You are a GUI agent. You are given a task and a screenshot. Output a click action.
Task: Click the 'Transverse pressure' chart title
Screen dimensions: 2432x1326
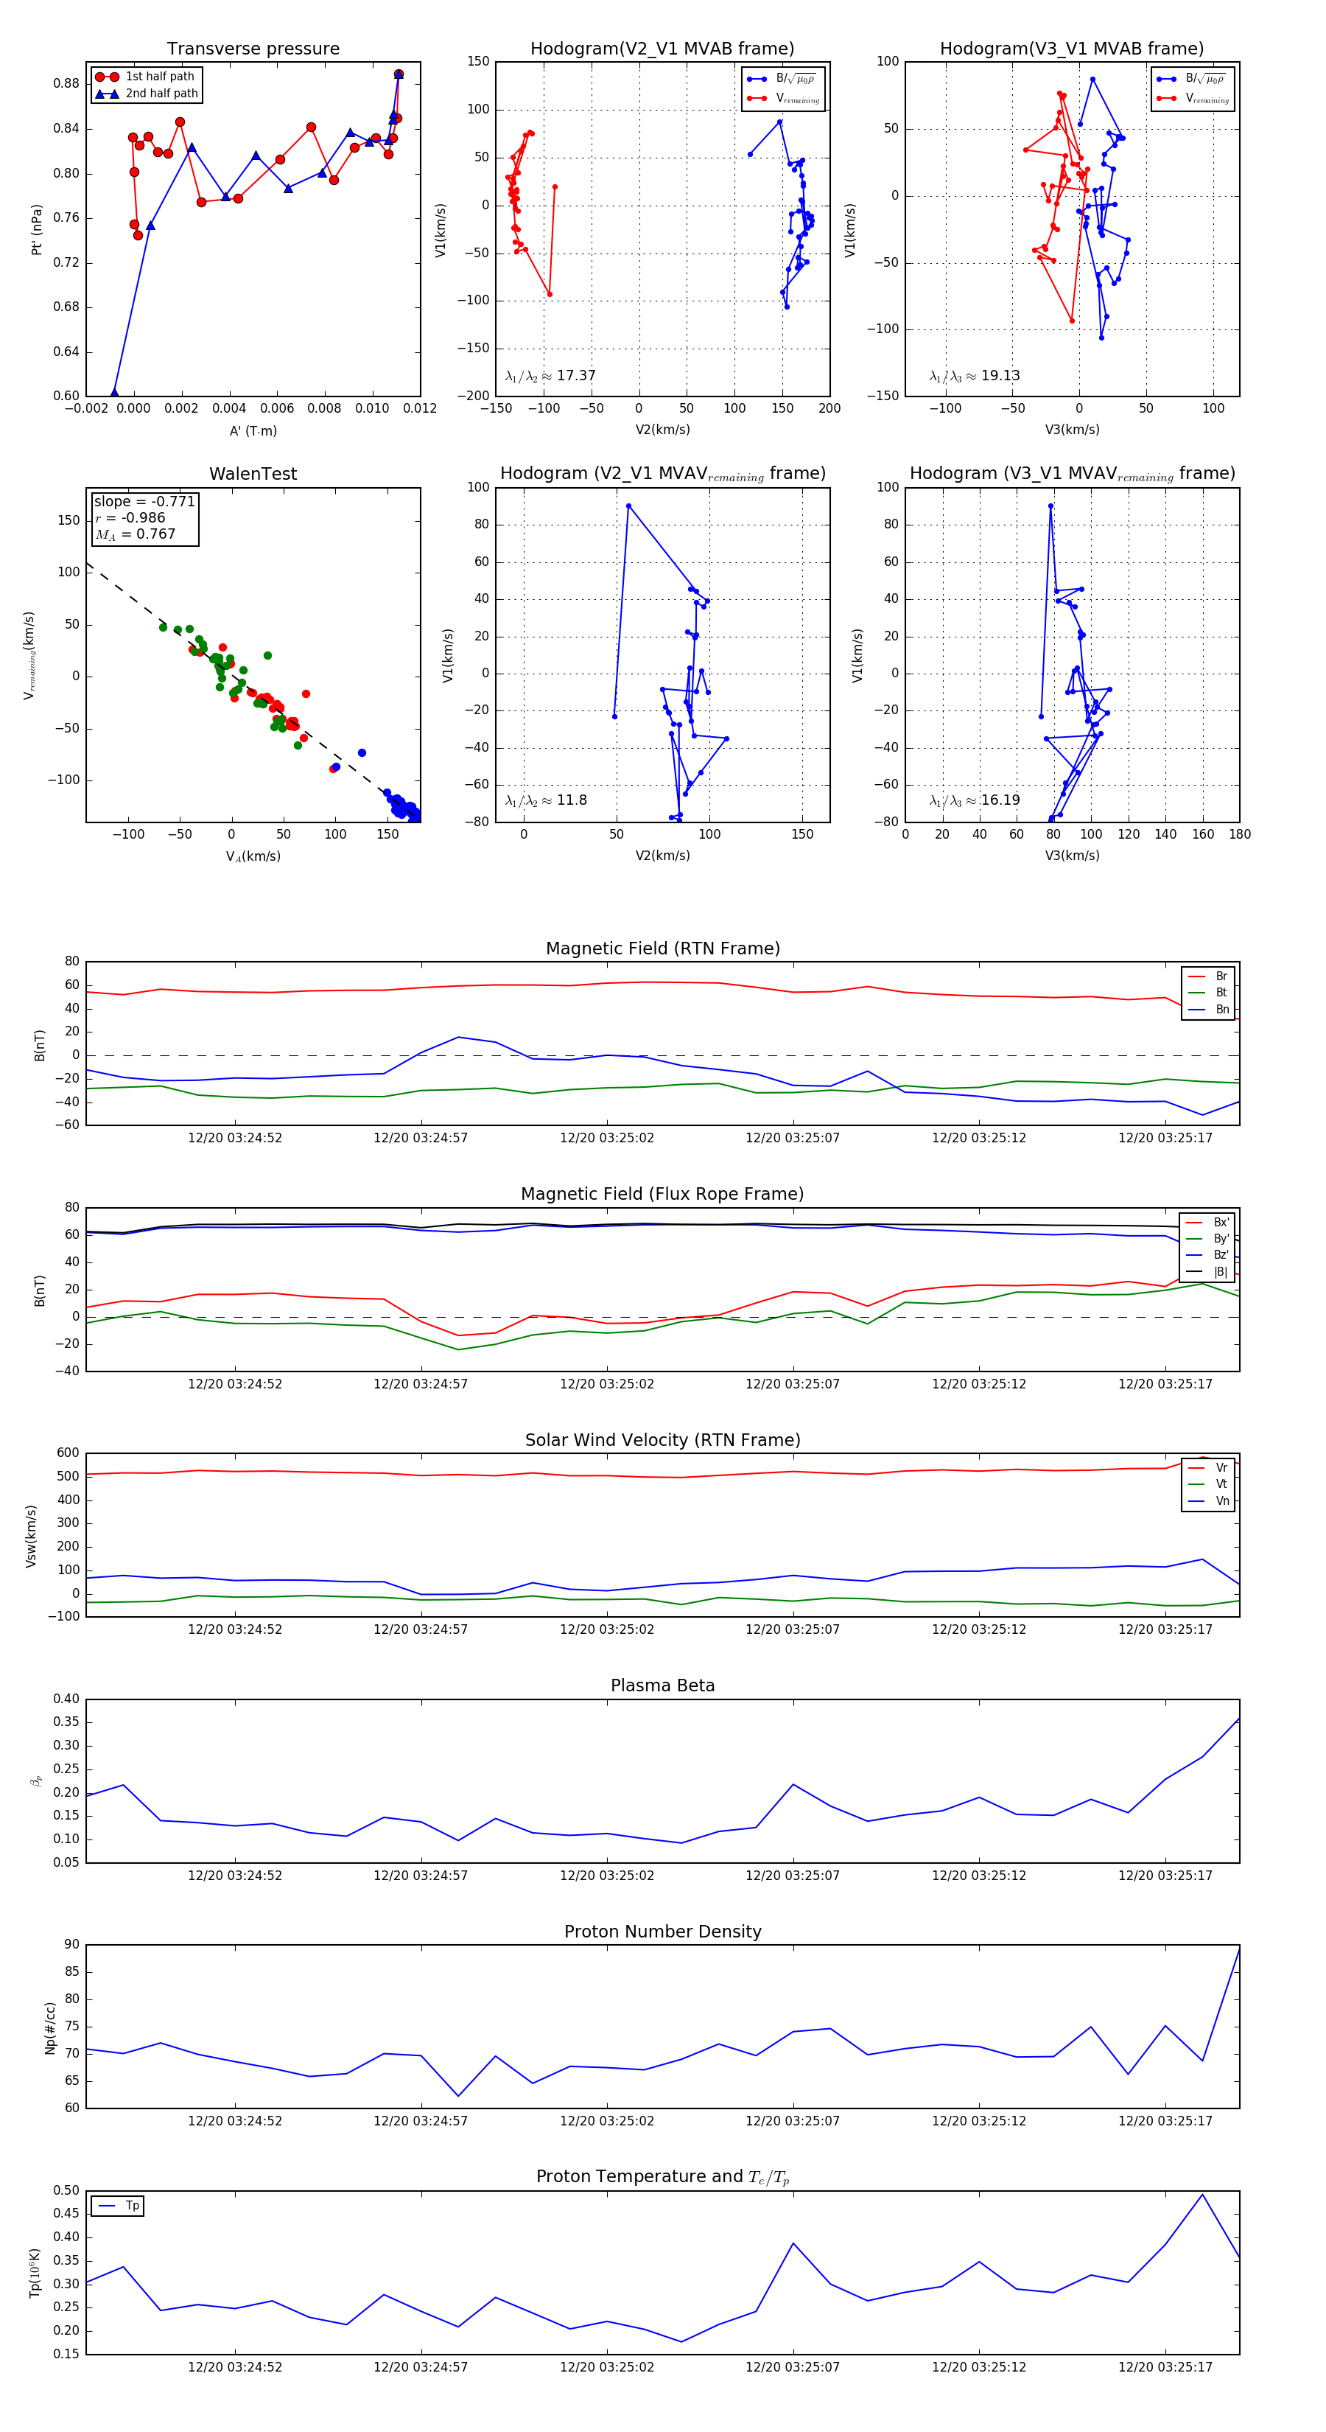(253, 49)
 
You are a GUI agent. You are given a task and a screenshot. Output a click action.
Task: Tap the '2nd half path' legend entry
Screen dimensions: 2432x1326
(161, 94)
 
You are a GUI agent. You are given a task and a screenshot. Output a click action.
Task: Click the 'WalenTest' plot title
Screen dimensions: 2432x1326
(253, 474)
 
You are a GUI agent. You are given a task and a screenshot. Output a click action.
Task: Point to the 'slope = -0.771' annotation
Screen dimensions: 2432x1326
(144, 501)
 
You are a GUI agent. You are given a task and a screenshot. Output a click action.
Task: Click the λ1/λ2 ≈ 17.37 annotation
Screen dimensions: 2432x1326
(550, 376)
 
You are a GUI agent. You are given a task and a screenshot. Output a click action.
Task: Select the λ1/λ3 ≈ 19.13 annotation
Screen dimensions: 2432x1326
(974, 376)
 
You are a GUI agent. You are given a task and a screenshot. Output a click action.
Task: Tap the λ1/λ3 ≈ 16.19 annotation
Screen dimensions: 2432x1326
(974, 800)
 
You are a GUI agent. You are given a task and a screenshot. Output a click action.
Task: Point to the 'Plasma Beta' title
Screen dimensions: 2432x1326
(662, 1685)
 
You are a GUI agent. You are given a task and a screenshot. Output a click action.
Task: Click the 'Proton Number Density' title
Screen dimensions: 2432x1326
(662, 1931)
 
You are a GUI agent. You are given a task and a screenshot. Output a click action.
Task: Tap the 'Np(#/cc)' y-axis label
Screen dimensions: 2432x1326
(50, 2028)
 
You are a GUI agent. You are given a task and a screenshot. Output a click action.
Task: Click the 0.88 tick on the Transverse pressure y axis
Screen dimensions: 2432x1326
(66, 83)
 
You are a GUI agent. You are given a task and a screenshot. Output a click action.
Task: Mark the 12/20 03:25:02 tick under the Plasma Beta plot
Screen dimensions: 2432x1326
(607, 1875)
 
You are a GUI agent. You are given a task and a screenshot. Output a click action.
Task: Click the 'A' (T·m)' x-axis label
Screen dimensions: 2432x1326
(253, 430)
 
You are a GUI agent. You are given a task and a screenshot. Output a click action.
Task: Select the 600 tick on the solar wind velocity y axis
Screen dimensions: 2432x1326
(68, 1453)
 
